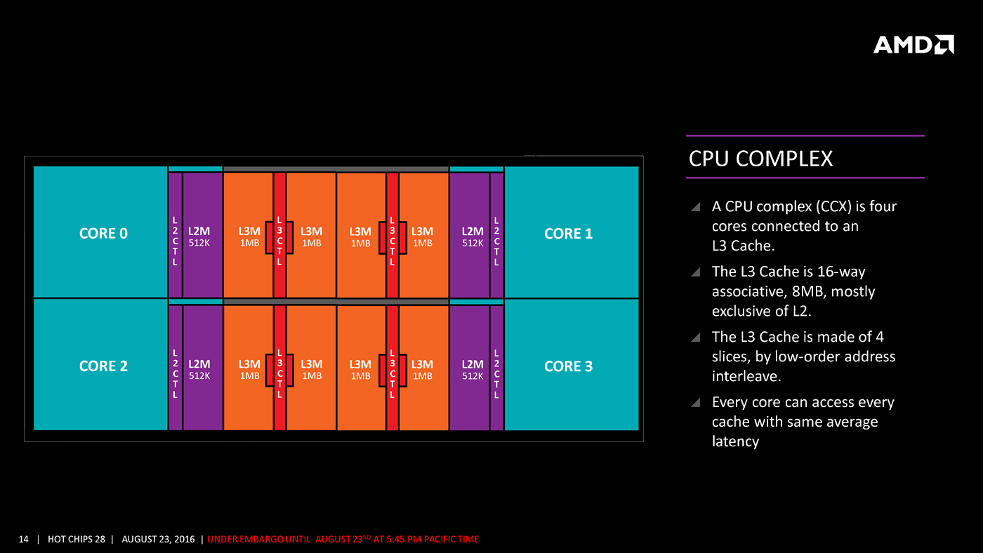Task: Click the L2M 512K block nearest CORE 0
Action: click(x=202, y=236)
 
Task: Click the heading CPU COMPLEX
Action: click(x=760, y=159)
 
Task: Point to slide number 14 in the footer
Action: click(x=24, y=539)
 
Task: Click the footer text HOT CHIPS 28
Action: click(x=77, y=539)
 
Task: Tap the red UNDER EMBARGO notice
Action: click(x=343, y=539)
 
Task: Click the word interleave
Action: click(x=745, y=376)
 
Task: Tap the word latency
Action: click(x=735, y=441)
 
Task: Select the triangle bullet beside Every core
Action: click(x=695, y=403)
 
